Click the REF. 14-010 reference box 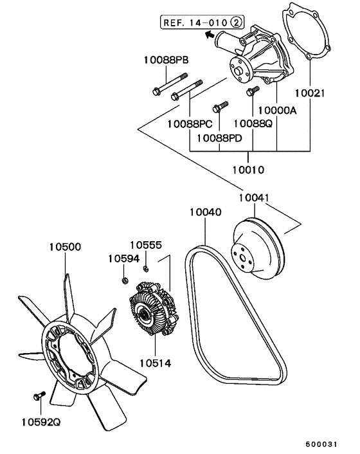202,22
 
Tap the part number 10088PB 166,60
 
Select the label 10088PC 190,124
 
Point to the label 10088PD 219,138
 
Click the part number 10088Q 253,123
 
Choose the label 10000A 277,110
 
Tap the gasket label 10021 310,93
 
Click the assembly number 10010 248,170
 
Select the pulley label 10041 254,198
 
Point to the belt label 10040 206,212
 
